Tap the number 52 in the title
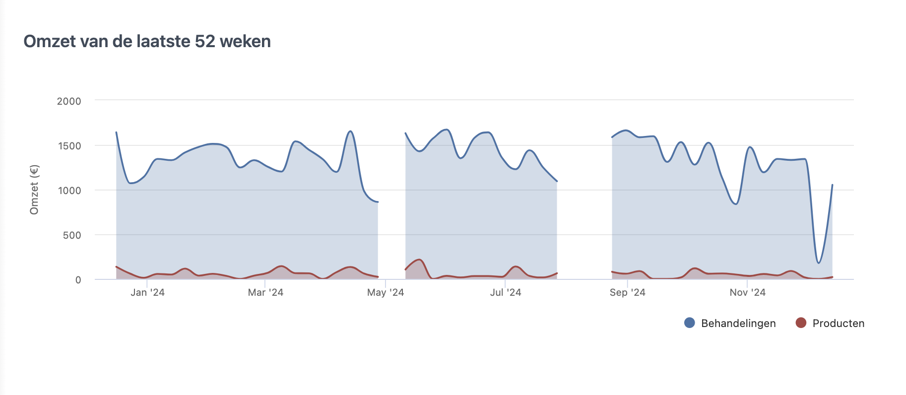pos(205,41)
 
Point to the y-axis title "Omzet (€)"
pos(34,190)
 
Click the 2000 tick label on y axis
pos(69,101)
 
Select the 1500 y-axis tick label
pos(69,146)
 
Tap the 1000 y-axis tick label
pos(69,191)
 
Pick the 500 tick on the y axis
pos(72,235)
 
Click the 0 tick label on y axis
pos(78,280)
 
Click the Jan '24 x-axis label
pos(147,292)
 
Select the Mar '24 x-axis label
pos(265,292)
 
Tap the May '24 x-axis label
pos(386,292)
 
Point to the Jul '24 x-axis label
pos(506,292)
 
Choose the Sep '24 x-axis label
pos(627,292)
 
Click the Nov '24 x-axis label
pos(747,292)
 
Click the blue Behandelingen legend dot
pos(689,323)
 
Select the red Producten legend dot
pos(801,323)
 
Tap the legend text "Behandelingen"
pos(738,324)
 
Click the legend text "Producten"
pos(839,324)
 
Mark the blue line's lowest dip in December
pos(818,263)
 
